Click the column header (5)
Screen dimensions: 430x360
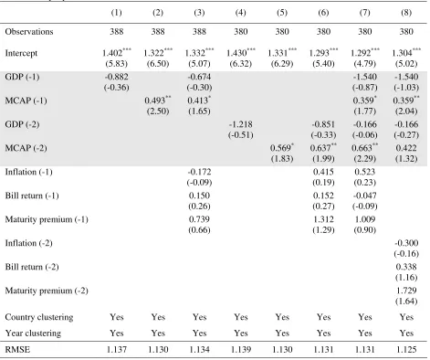point(282,13)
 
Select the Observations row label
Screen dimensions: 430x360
point(29,32)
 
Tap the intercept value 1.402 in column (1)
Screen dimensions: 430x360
point(112,53)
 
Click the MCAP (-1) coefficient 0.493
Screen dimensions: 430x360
point(154,101)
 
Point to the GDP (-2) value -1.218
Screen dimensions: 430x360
point(240,124)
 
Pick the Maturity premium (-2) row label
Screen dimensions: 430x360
point(47,291)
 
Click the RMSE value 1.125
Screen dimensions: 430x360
point(406,349)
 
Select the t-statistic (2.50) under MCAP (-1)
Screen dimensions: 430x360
point(158,111)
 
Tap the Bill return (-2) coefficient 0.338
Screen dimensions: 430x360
point(406,267)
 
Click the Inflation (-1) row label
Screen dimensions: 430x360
point(28,172)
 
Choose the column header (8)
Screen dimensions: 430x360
point(406,13)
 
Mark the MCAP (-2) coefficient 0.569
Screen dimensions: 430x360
point(280,148)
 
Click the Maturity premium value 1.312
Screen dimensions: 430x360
point(323,219)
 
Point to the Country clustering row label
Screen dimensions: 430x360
point(39,317)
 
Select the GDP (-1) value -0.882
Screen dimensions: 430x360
point(116,77)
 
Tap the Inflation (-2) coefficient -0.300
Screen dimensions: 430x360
point(406,243)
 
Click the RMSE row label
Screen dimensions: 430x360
point(17,349)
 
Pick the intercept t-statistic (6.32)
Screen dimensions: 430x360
point(240,64)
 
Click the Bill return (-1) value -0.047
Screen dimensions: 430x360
point(364,196)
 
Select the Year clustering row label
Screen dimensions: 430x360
point(33,334)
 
